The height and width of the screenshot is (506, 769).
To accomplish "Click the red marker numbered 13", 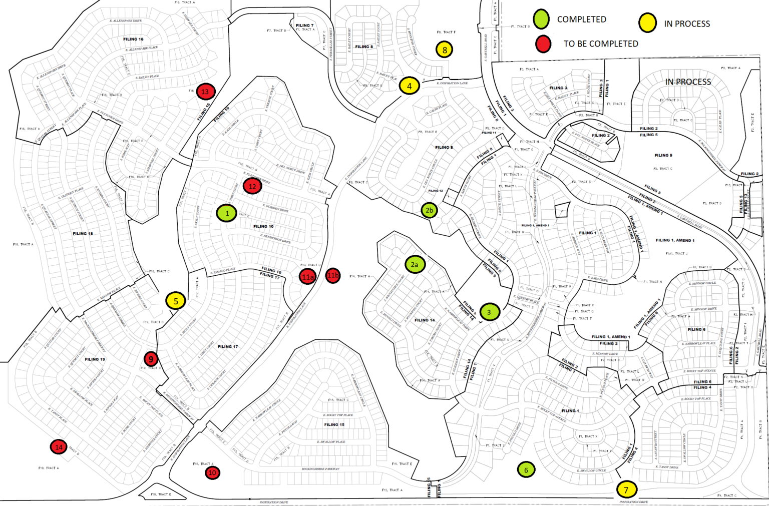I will pos(205,92).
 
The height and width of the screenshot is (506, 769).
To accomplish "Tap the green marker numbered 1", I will pos(227,213).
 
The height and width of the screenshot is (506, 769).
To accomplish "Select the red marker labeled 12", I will pos(252,187).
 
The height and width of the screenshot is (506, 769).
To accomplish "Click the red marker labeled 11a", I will pos(307,276).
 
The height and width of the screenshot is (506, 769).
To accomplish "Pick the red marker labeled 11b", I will pos(333,275).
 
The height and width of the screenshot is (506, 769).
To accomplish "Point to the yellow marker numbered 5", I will pos(176,301).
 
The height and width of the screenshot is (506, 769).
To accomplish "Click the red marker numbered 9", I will pos(151,359).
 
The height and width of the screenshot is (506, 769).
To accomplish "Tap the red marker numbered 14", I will pos(59,447).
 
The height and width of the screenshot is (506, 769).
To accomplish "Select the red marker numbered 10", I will pos(212,472).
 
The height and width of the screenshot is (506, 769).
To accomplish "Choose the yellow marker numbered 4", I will pos(409,86).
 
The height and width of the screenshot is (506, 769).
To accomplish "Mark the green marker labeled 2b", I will pos(429,210).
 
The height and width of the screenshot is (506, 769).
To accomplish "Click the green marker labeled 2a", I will pos(415,264).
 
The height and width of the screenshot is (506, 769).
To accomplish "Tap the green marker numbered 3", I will pos(489,312).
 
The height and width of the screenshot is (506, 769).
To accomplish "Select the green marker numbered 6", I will pos(526,469).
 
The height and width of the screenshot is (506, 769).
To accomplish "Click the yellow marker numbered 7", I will pos(626,489).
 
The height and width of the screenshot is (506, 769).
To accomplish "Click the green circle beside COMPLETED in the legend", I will pos(541,20).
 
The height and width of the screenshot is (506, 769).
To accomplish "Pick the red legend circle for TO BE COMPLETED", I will pos(543,44).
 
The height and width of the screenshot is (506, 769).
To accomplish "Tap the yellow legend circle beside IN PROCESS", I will pos(647,23).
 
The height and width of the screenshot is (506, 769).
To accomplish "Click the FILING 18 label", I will pos(83,234).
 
